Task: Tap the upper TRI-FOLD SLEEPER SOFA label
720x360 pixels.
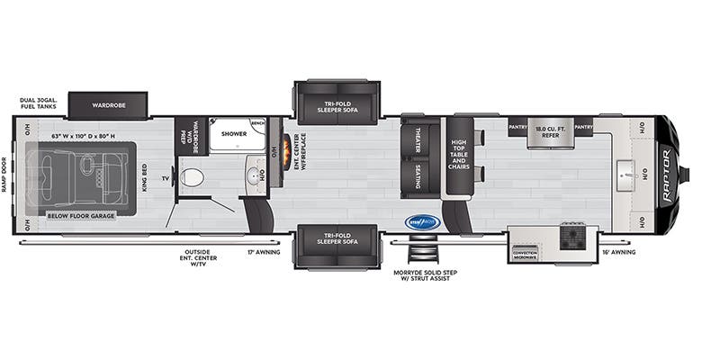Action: [x=337, y=106]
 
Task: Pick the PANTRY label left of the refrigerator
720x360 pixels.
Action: [x=517, y=128]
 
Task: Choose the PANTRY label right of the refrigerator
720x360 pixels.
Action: [x=583, y=128]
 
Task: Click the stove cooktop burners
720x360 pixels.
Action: [x=572, y=237]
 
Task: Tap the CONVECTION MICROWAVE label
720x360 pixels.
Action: [x=525, y=255]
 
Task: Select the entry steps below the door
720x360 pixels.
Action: [x=420, y=252]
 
